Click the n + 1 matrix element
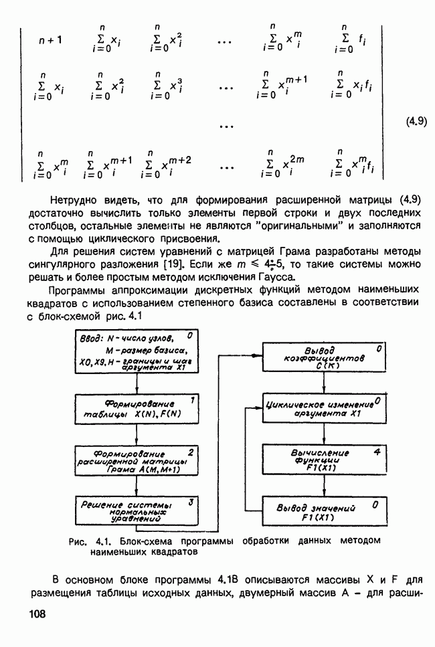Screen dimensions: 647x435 (50, 39)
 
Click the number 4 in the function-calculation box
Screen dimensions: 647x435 (377, 452)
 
